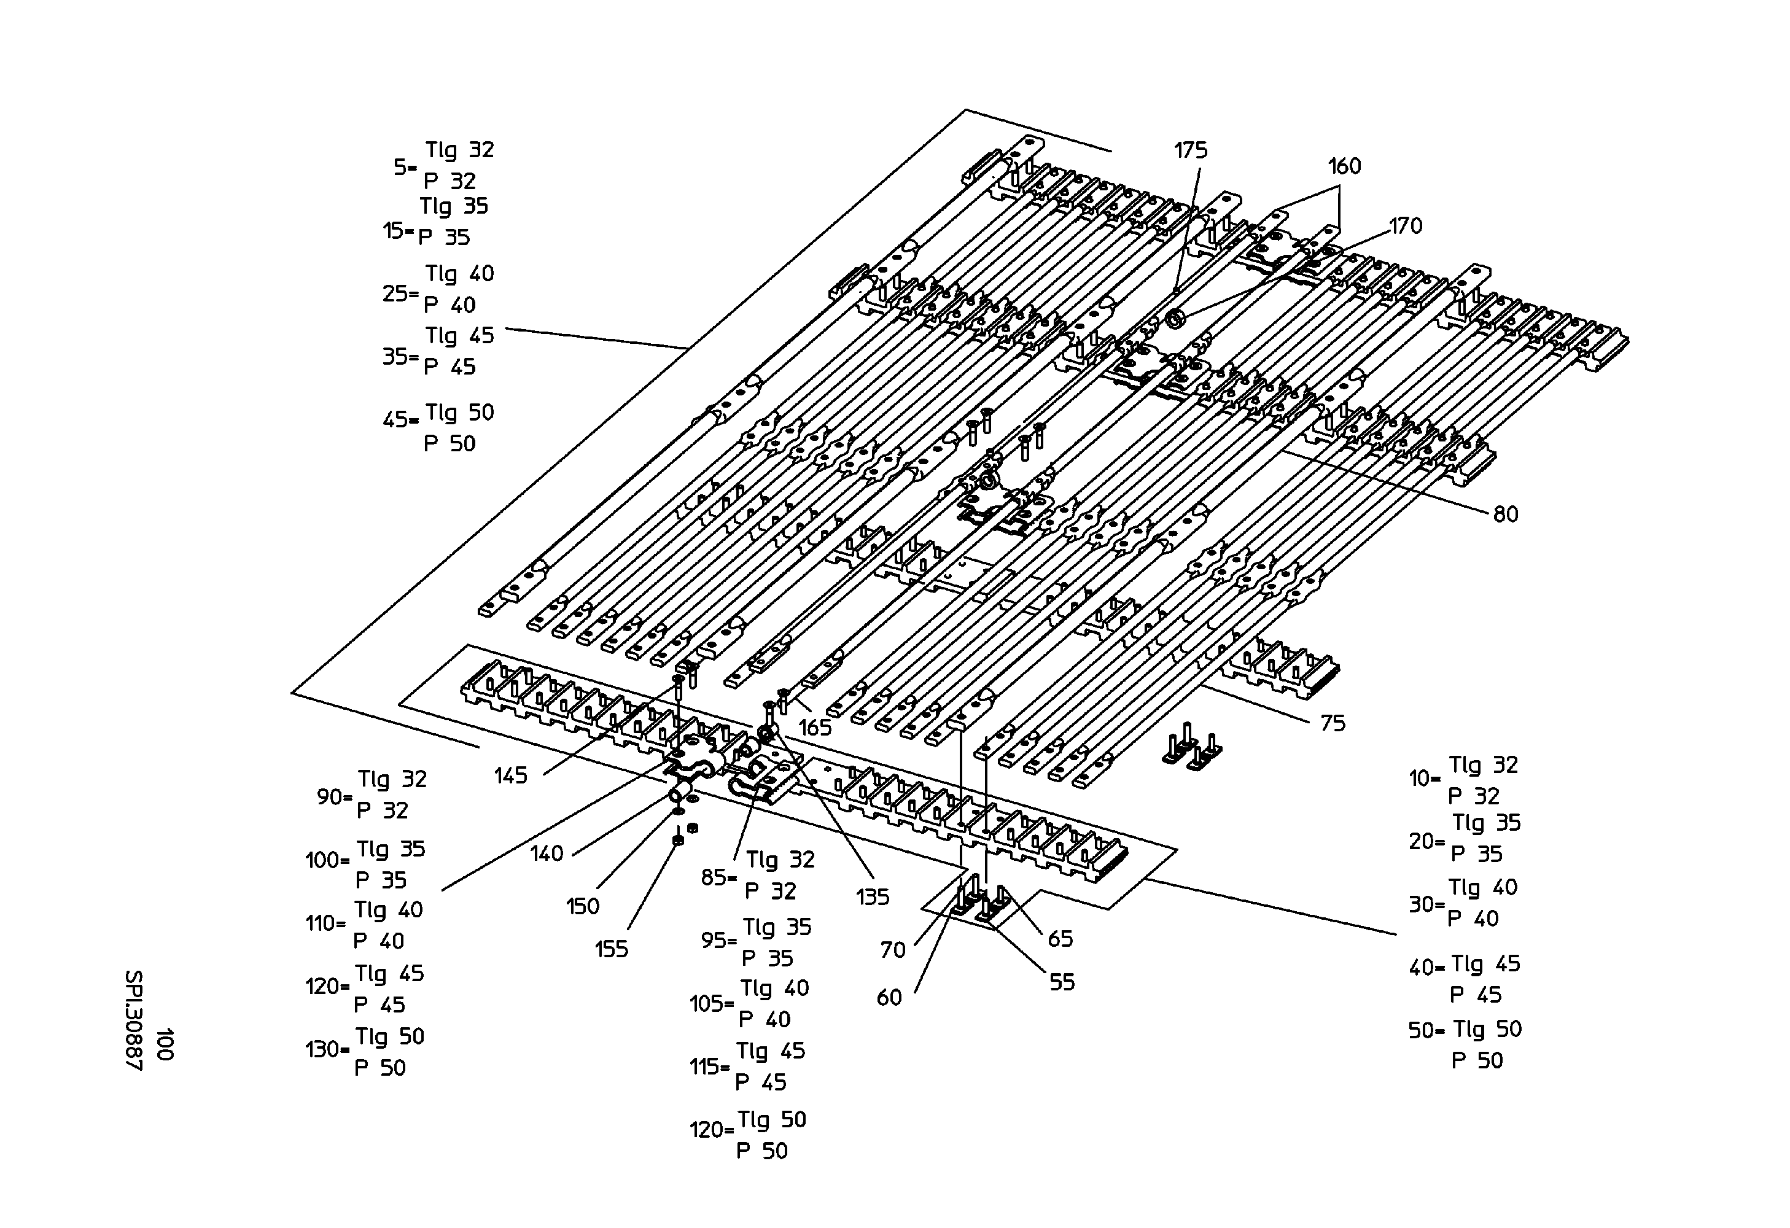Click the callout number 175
point(1191,150)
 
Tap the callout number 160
point(1344,166)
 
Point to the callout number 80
point(1506,515)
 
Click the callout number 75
point(1333,723)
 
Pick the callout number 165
point(815,728)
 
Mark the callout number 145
point(511,775)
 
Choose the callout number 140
point(547,853)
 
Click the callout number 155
point(612,949)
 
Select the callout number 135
point(873,896)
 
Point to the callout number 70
point(893,950)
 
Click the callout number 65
point(1060,939)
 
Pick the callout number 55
point(1062,982)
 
